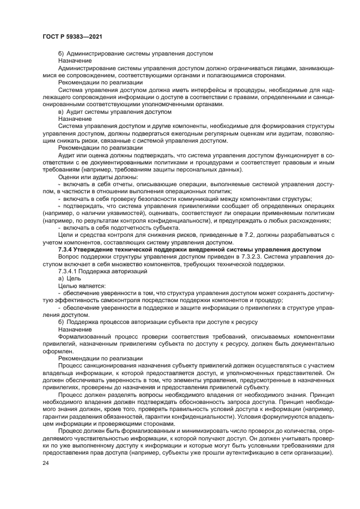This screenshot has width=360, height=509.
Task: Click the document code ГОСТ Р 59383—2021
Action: [x=73, y=35]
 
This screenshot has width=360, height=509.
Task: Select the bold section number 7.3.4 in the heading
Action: [x=67, y=249]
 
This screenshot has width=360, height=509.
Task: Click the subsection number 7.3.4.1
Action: [x=69, y=271]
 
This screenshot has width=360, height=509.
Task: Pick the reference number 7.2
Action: [x=236, y=235]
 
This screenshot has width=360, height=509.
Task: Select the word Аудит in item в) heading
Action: [x=77, y=111]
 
